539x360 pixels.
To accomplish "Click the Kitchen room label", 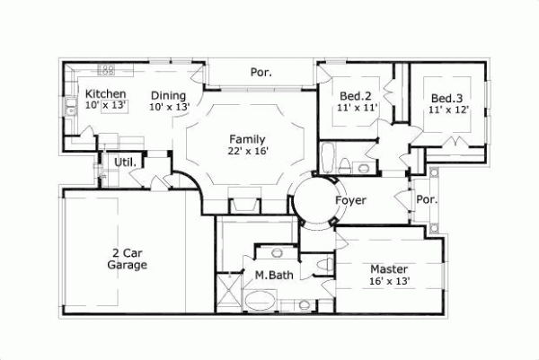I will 105,94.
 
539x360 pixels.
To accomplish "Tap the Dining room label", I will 168,96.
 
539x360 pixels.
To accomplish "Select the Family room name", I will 247,139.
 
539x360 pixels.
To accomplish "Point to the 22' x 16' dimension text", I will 248,152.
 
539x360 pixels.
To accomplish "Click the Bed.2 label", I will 356,97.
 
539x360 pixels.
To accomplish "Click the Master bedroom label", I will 389,269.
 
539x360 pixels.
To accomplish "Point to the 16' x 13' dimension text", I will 389,281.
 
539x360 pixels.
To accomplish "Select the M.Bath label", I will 270,275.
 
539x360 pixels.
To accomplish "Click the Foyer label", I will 350,200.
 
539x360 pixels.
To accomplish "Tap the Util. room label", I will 124,162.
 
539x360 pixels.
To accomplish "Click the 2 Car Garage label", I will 127,259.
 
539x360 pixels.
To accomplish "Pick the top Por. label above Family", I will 261,72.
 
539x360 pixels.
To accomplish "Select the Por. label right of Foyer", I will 427,199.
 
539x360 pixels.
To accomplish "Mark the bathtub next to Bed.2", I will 328,156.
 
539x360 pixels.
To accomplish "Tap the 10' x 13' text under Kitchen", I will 106,106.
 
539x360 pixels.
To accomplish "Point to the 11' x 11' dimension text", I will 357,109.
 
